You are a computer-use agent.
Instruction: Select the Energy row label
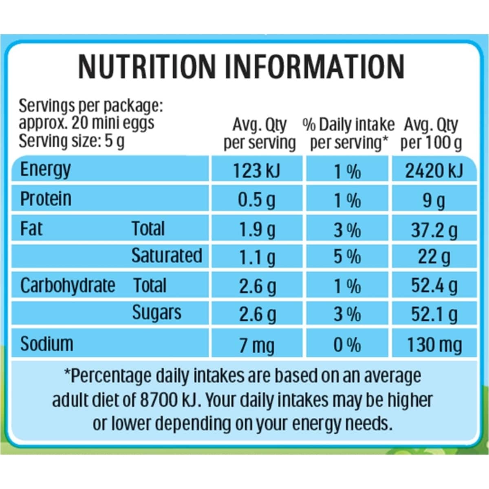(45, 170)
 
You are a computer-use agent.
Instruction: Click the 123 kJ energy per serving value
(256, 171)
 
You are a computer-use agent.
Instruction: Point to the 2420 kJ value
(434, 171)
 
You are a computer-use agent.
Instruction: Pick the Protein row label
(46, 199)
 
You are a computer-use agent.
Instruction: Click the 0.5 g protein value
(256, 200)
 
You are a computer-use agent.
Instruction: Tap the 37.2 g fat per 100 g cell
(434, 230)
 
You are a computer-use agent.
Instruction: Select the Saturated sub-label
(167, 256)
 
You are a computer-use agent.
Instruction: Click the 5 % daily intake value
(347, 257)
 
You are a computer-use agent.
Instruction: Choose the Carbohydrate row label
(68, 286)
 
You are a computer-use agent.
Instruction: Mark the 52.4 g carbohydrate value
(434, 286)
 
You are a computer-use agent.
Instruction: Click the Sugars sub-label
(156, 313)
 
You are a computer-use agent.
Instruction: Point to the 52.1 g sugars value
(434, 314)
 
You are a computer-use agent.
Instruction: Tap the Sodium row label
(47, 344)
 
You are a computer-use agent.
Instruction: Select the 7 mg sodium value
(256, 346)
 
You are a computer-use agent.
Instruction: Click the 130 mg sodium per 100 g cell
(434, 346)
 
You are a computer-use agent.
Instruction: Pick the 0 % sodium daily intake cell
(347, 346)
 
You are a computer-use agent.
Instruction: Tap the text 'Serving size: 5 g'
(72, 141)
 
